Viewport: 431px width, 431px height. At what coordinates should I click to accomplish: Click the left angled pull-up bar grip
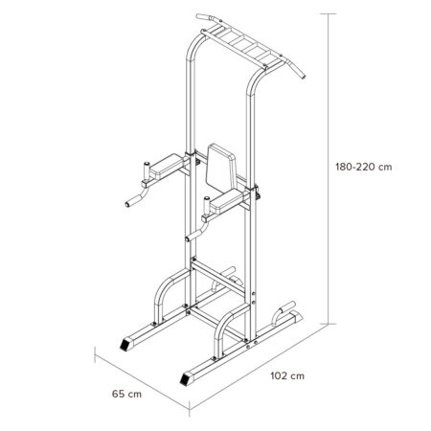[x=205, y=18]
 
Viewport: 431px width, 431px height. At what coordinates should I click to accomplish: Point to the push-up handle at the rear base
[x=285, y=310]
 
